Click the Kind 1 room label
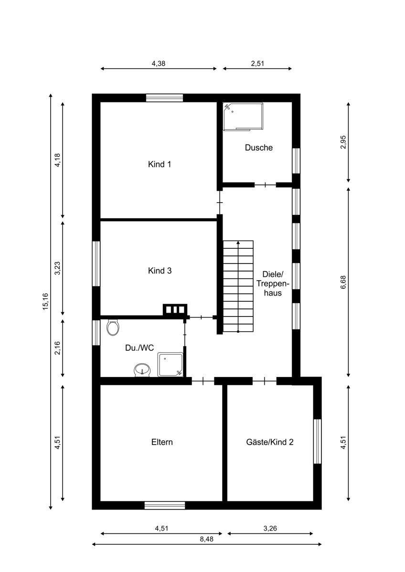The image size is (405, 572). (160, 164)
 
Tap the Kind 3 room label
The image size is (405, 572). (160, 271)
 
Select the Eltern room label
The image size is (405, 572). (162, 442)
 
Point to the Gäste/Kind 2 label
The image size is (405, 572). (270, 442)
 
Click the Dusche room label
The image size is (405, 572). (259, 147)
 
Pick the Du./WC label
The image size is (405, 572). (139, 348)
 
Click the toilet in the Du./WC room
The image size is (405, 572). (113, 327)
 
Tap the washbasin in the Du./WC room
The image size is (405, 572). (142, 370)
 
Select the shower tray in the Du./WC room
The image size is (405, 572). (170, 365)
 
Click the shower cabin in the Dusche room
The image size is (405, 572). (243, 117)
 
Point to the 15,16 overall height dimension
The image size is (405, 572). (45, 302)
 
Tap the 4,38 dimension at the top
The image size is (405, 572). (159, 63)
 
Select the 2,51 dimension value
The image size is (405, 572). (257, 63)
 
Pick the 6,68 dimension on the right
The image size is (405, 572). (343, 282)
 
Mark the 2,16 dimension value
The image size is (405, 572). (57, 348)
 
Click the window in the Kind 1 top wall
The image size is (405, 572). (164, 98)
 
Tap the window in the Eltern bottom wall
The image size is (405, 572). (164, 505)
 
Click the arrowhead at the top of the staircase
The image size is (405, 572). (238, 242)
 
